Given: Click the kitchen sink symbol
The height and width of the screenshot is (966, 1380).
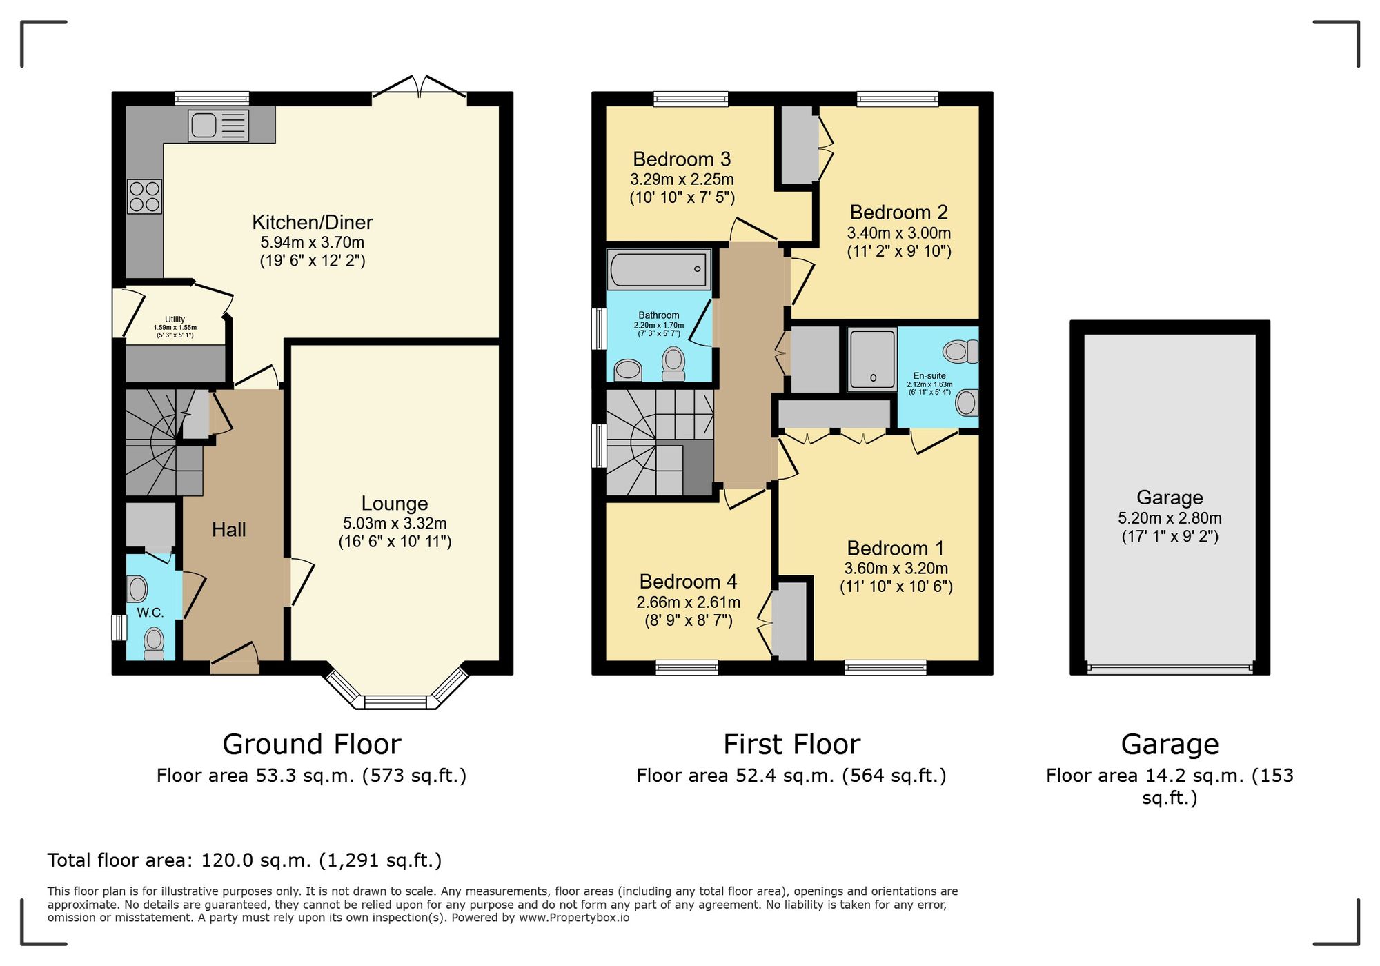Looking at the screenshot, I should [218, 126].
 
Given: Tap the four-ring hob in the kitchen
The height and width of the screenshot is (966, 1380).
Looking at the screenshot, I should [144, 197].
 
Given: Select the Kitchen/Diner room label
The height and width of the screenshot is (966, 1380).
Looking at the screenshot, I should [312, 222].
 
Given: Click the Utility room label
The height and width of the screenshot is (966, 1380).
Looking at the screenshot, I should [175, 319].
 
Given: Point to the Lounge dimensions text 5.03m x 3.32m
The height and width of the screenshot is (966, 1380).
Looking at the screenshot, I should [395, 524].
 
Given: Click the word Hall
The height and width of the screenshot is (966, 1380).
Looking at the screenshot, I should [228, 529].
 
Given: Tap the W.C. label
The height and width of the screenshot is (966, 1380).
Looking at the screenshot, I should [150, 613].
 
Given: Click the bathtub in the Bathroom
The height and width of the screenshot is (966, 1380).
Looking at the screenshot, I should [658, 269].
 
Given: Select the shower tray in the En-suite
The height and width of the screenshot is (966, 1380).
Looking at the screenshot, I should [872, 359].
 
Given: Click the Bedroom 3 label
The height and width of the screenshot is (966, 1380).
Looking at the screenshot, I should [681, 159].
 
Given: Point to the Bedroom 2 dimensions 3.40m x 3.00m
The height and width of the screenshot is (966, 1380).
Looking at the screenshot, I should [898, 233].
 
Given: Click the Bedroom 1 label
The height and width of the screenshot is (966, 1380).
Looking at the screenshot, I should [895, 549].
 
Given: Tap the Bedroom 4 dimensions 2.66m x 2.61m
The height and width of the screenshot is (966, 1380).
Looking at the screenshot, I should [688, 602].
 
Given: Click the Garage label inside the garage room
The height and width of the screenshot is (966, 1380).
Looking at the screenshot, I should [1170, 497].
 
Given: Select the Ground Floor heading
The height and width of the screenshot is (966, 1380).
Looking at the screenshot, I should [311, 745].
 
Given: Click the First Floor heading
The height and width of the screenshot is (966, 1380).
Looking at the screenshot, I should [791, 745].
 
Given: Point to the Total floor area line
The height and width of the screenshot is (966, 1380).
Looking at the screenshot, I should [244, 860].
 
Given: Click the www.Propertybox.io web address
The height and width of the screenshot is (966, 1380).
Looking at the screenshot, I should [573, 918].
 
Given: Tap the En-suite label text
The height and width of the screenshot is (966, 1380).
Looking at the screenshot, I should [929, 376].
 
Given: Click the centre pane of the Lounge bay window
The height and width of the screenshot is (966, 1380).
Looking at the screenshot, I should [395, 702].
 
